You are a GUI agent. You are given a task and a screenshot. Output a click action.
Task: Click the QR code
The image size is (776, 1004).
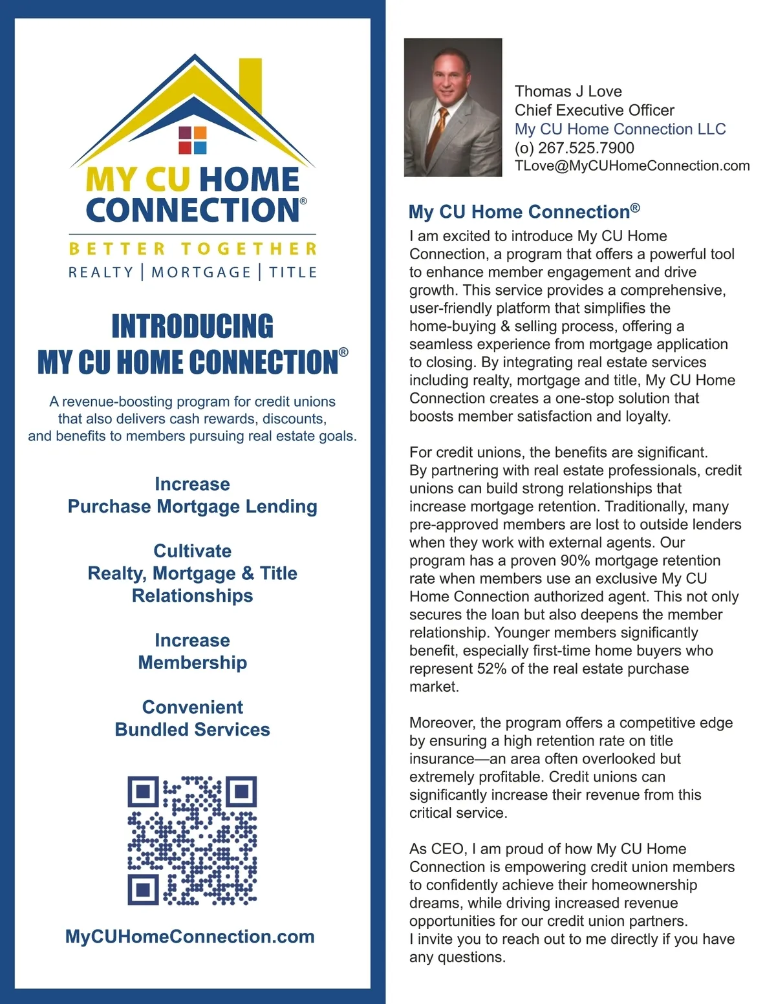pos(192,840)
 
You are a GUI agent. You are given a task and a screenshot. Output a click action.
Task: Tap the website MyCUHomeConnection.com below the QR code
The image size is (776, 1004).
pos(189,937)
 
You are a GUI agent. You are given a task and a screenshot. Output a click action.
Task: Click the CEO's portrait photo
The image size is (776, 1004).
pos(453,107)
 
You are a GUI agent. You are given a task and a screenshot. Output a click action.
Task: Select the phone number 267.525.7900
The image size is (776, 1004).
pos(586,148)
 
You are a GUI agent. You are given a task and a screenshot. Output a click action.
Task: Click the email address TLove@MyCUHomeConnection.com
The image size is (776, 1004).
pos(632,166)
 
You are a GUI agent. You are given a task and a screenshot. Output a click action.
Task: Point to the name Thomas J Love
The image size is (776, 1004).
pos(568,92)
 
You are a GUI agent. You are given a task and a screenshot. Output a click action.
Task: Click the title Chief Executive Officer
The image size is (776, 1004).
pos(594,111)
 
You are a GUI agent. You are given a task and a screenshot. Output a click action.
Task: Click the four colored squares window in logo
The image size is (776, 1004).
pos(192,140)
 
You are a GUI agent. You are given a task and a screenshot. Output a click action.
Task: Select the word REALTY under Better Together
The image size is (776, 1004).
pos(101,272)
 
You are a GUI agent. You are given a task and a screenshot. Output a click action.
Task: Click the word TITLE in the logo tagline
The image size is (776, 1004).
pos(293,272)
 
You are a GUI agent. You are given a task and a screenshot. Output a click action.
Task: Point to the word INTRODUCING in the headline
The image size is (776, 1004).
pos(192,326)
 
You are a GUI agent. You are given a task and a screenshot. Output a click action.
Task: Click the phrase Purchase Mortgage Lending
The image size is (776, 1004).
pos(192,507)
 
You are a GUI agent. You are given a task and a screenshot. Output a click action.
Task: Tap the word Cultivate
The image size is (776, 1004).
pos(192,551)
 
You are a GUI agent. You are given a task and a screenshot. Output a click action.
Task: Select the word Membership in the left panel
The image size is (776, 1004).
pos(192,663)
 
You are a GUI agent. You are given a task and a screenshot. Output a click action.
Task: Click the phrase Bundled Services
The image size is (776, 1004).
pos(192,730)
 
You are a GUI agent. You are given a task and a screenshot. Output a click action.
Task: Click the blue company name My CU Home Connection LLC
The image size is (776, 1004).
pos(620,129)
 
